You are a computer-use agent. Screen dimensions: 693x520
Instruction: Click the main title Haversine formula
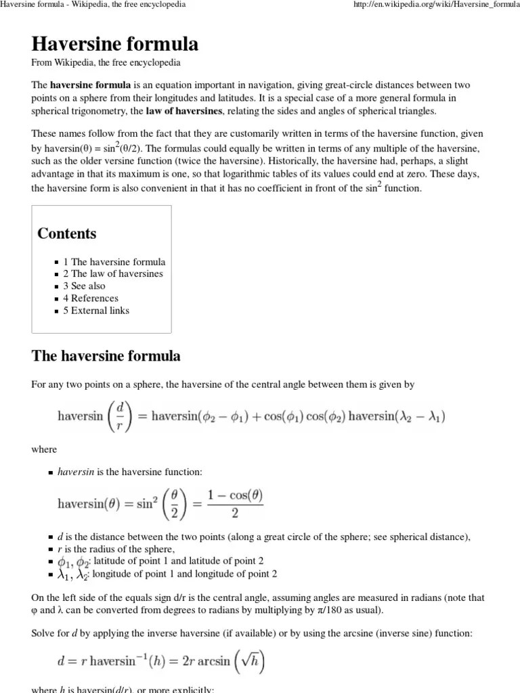[x=115, y=45]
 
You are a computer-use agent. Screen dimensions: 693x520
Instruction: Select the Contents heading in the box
[x=67, y=233]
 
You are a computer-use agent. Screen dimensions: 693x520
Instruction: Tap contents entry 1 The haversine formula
[x=114, y=262]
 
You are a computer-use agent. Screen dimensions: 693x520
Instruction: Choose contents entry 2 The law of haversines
[x=113, y=274]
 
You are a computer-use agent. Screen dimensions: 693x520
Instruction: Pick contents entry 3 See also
[x=84, y=286]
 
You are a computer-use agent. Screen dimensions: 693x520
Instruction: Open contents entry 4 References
[x=91, y=298]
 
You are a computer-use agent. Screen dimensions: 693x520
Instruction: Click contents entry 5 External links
[x=96, y=311]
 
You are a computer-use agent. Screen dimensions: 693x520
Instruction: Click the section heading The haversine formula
[x=106, y=356]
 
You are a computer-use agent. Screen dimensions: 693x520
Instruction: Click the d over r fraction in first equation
[x=119, y=416]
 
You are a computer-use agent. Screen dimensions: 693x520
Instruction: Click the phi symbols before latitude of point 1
[x=73, y=562]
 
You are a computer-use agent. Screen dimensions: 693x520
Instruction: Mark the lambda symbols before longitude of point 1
[x=73, y=575]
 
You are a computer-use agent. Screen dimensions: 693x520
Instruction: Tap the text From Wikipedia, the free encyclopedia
[x=106, y=62]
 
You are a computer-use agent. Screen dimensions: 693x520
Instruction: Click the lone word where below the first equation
[x=44, y=449]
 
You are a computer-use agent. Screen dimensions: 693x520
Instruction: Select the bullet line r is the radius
[x=119, y=549]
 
